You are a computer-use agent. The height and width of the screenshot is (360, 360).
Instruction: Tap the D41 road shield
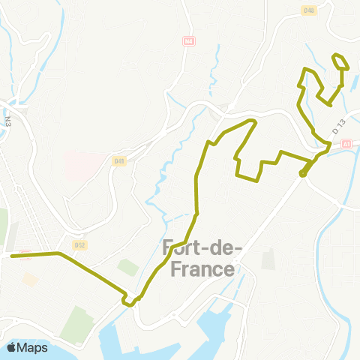pos(119,160)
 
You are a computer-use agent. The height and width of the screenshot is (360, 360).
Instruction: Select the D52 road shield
pos(81,244)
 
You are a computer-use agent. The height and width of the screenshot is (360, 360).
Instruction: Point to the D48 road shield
pos(309,10)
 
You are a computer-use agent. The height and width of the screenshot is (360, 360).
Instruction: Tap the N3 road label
pos(7,119)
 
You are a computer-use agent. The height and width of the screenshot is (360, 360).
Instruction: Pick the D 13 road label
pos(340,128)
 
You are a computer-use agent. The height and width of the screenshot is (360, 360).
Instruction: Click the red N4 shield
pos(188,42)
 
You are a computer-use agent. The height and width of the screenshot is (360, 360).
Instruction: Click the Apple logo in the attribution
pos(13,347)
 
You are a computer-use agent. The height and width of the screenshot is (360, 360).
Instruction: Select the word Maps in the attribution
pos(33,347)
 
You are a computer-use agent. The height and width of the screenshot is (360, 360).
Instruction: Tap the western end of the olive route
pos(11,256)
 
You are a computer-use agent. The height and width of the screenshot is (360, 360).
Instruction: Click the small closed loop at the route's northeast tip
pos(340,61)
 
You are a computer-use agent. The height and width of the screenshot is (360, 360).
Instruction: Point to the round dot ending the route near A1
pos(303,174)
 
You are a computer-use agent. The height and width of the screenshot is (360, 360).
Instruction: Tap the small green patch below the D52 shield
pos(127,267)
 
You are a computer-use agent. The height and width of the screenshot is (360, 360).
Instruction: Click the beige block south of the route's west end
pos(30,278)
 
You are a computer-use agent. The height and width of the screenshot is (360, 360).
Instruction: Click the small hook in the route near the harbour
pos(130,301)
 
